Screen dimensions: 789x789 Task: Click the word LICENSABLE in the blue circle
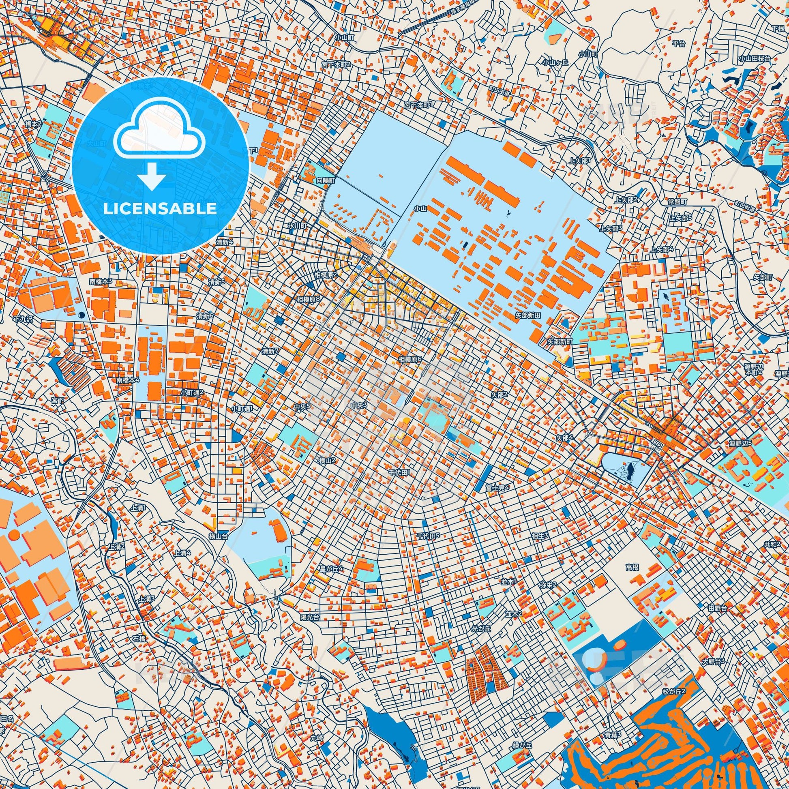click(x=160, y=209)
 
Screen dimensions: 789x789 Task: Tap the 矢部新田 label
click(x=527, y=315)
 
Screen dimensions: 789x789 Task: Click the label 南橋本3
click(x=101, y=282)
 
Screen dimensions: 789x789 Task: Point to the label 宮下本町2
click(x=336, y=64)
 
